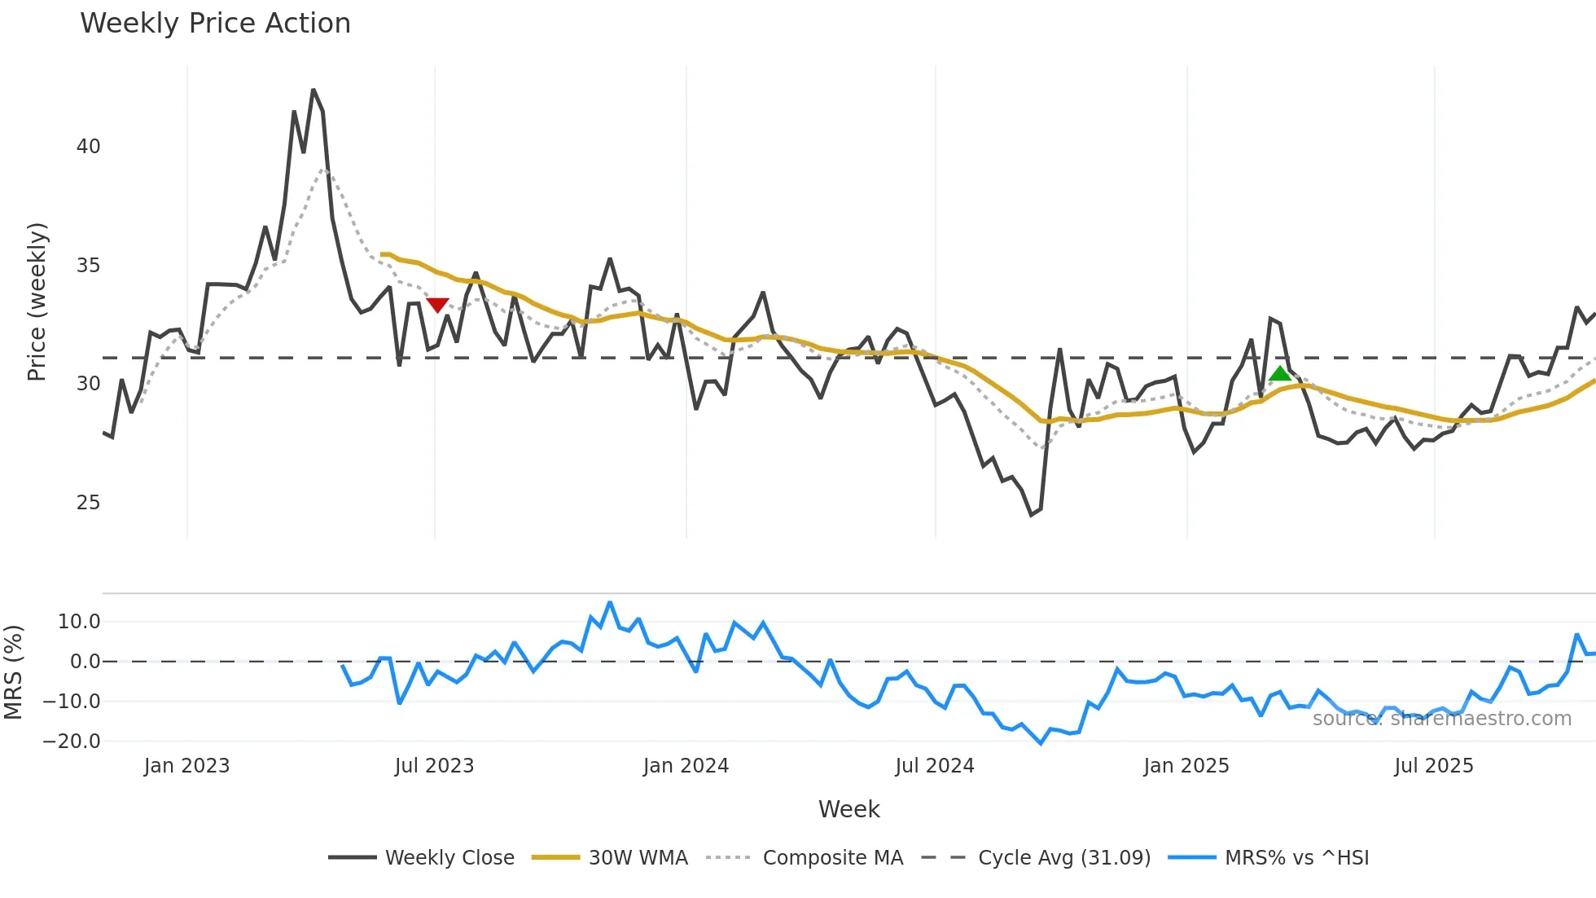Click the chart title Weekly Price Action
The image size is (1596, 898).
215,24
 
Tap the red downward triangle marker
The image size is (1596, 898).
437,305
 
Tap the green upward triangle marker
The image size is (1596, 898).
1280,374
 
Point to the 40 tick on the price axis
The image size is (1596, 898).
88,147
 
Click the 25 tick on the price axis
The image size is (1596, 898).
88,503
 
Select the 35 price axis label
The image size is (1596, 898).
88,266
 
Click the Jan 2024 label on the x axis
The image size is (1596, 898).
686,766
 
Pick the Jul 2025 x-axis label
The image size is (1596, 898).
1433,766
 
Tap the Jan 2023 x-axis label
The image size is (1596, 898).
186,766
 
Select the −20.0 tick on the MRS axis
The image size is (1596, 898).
72,742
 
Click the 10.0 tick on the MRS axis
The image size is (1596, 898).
79,622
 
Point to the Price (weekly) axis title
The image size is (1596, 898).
37,302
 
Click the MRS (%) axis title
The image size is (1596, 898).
13,672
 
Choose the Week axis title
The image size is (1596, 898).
848,809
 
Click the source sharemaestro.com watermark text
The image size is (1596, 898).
1441,719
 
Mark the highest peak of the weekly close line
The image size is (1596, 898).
313,90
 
